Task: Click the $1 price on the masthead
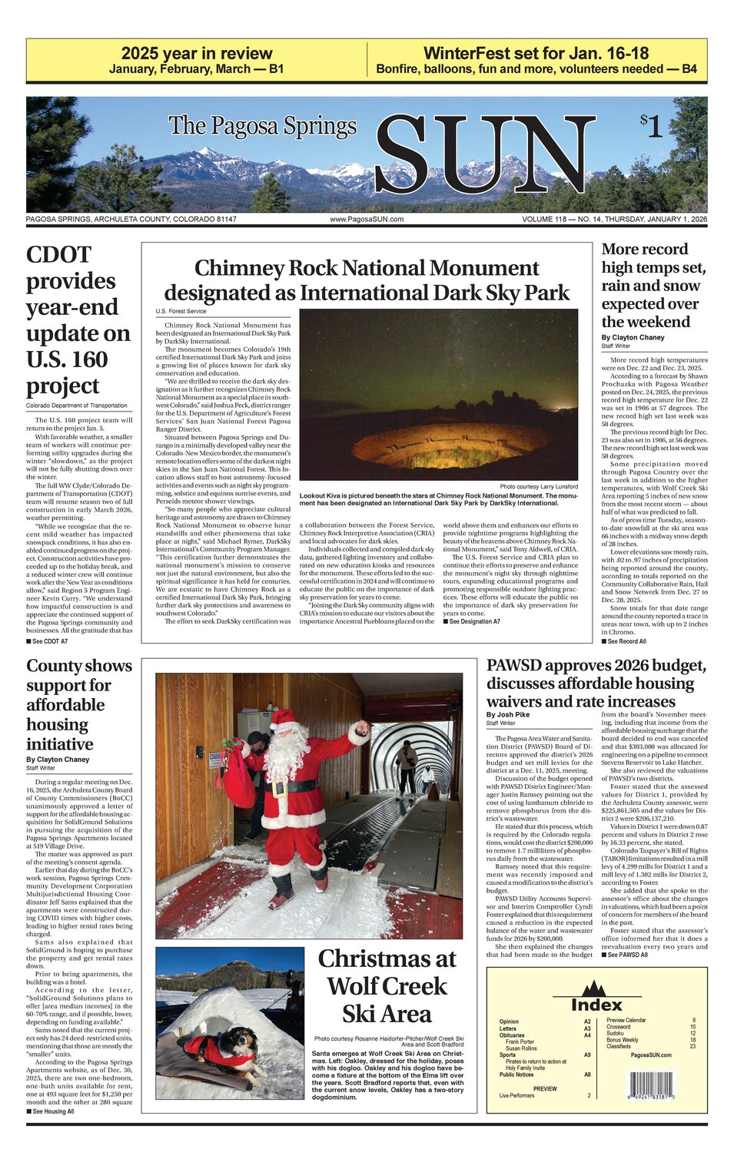651,126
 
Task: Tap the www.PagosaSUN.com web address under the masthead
367,220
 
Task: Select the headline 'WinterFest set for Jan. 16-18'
536,54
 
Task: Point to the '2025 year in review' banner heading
196,54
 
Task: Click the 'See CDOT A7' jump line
47,641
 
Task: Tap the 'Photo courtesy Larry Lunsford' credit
538,487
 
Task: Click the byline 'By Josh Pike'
508,715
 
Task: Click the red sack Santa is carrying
238,776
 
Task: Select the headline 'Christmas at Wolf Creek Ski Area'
387,986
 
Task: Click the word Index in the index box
596,1005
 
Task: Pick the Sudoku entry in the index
616,1033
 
